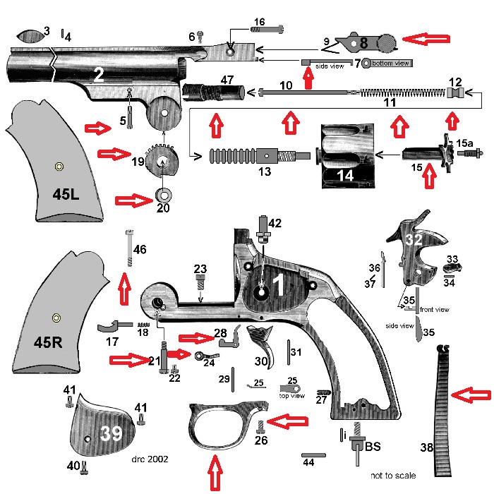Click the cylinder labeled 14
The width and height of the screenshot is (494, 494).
(x=344, y=157)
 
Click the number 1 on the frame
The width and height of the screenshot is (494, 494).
(x=277, y=285)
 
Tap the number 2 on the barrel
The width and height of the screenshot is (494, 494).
(x=99, y=75)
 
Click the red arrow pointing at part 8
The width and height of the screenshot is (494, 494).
(x=430, y=40)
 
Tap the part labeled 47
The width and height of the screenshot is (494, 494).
(x=215, y=92)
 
